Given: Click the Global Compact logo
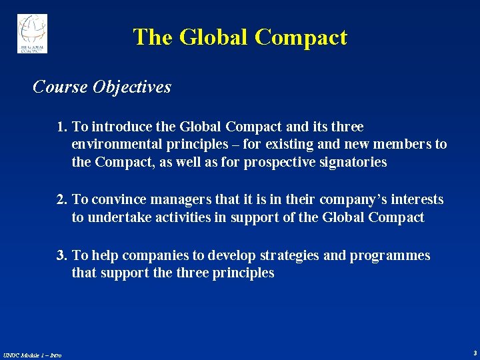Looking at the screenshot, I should tap(32, 33).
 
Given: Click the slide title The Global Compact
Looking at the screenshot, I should tap(240, 37).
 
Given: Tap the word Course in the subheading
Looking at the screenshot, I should tap(60, 87).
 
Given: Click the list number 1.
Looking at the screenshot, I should tap(62, 127).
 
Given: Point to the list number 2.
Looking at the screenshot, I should tap(62, 200).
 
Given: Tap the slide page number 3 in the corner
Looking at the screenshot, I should tap(475, 352).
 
